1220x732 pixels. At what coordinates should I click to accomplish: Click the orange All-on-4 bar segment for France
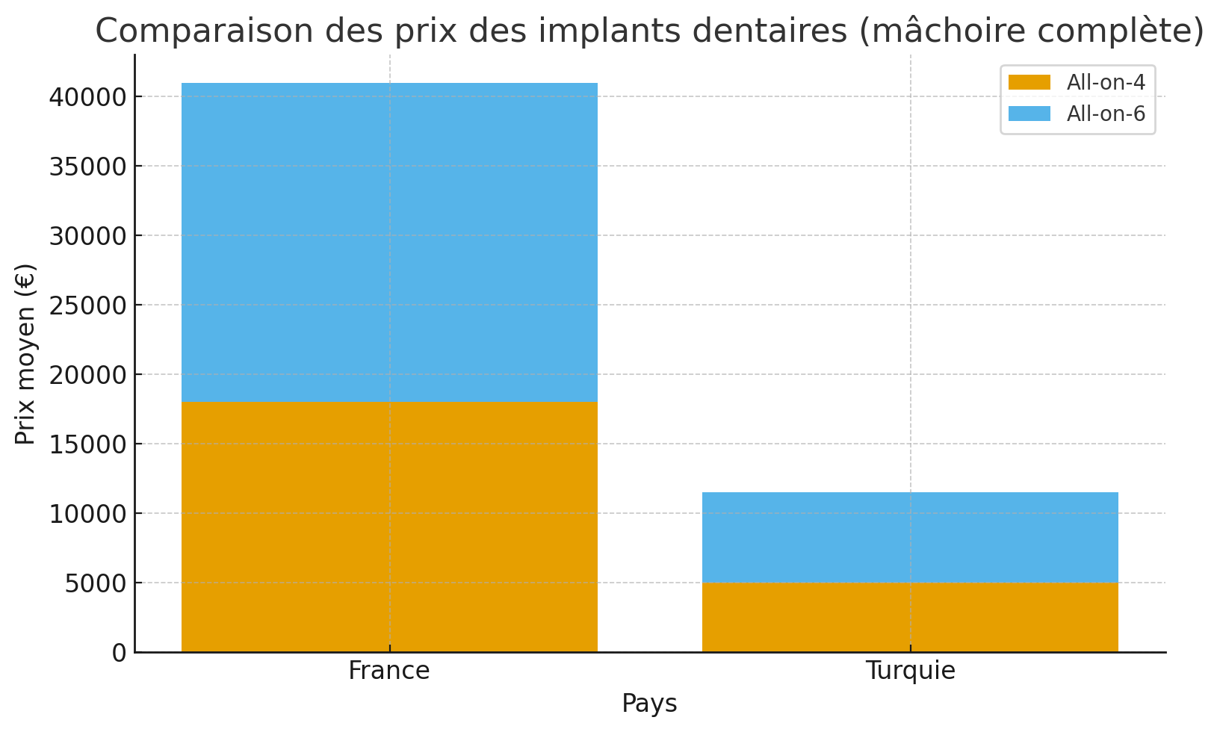pos(389,527)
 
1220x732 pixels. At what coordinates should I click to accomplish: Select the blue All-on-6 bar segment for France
pos(389,242)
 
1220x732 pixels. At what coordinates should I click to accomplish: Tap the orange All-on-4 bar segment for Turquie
pos(910,617)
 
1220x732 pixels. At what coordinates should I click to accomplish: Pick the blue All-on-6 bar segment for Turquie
pos(910,537)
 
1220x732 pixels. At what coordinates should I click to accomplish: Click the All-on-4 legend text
pos(1106,83)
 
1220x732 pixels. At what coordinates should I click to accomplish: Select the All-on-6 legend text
pos(1106,114)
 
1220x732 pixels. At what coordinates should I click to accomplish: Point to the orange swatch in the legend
pos(1029,82)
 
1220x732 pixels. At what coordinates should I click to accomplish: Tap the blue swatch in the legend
pos(1029,114)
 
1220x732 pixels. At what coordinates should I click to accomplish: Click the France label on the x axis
pos(389,671)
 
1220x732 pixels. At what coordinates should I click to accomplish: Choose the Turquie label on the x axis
pos(910,671)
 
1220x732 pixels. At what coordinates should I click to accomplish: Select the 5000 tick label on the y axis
pos(96,583)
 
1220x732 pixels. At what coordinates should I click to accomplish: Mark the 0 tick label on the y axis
pos(120,653)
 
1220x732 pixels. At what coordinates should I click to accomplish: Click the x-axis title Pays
pos(649,704)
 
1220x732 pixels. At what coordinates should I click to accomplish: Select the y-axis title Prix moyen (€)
pos(25,353)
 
